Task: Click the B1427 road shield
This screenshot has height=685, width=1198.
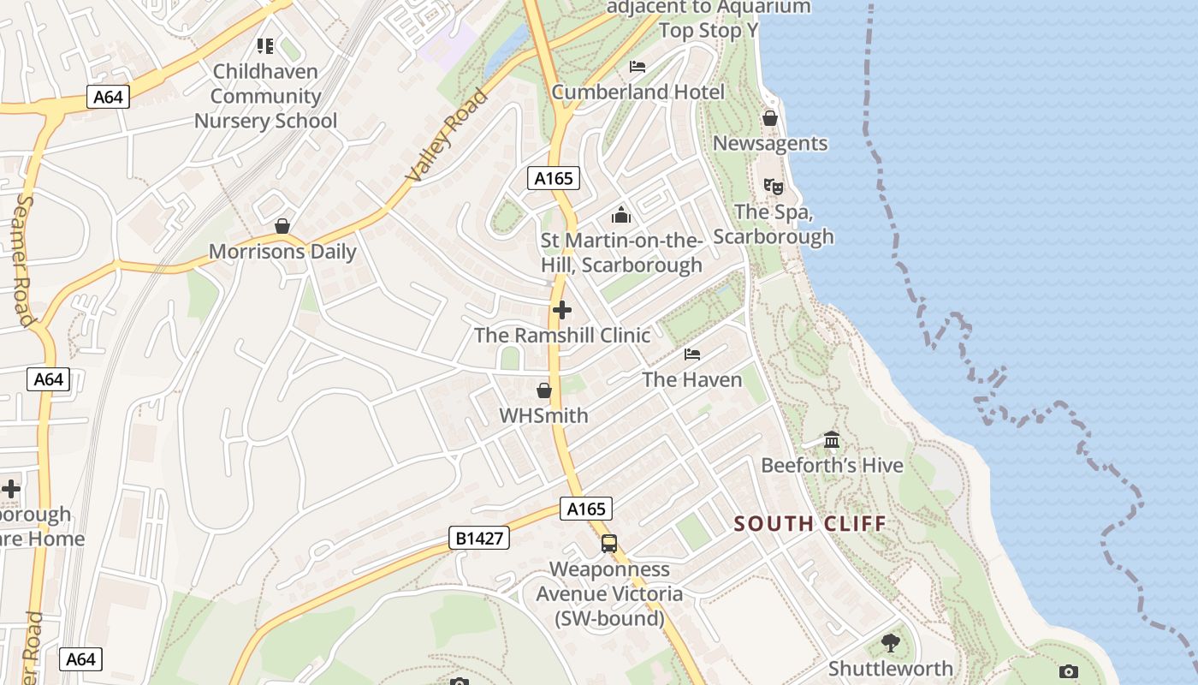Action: tap(478, 538)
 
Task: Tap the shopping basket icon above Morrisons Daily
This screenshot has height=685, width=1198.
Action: tap(282, 226)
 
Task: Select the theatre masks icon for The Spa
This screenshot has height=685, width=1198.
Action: tap(773, 186)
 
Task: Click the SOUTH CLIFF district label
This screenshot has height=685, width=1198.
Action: tap(810, 523)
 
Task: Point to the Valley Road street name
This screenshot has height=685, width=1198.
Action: tap(447, 134)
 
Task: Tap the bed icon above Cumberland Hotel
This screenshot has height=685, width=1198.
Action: tap(638, 67)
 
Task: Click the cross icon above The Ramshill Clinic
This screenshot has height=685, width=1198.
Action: tap(561, 310)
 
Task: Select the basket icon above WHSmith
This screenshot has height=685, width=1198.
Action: tap(543, 391)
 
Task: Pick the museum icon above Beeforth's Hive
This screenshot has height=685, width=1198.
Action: tap(831, 440)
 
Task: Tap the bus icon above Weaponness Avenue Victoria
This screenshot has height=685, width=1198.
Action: tap(608, 543)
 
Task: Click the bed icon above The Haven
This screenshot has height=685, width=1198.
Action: tap(692, 354)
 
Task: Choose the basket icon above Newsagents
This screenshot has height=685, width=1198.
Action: tap(770, 118)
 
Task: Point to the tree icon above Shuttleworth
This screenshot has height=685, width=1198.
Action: tap(890, 642)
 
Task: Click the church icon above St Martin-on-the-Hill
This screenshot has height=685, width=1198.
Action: tap(621, 214)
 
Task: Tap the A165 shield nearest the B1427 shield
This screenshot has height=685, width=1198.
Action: tap(587, 509)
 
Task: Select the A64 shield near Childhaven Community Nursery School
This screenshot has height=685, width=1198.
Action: tap(108, 97)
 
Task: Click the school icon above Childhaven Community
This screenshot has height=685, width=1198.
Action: tap(265, 46)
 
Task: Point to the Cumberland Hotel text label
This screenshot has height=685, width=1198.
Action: tap(638, 92)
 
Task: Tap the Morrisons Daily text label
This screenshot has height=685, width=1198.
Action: tap(282, 252)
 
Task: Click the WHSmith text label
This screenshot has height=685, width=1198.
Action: tap(543, 416)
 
